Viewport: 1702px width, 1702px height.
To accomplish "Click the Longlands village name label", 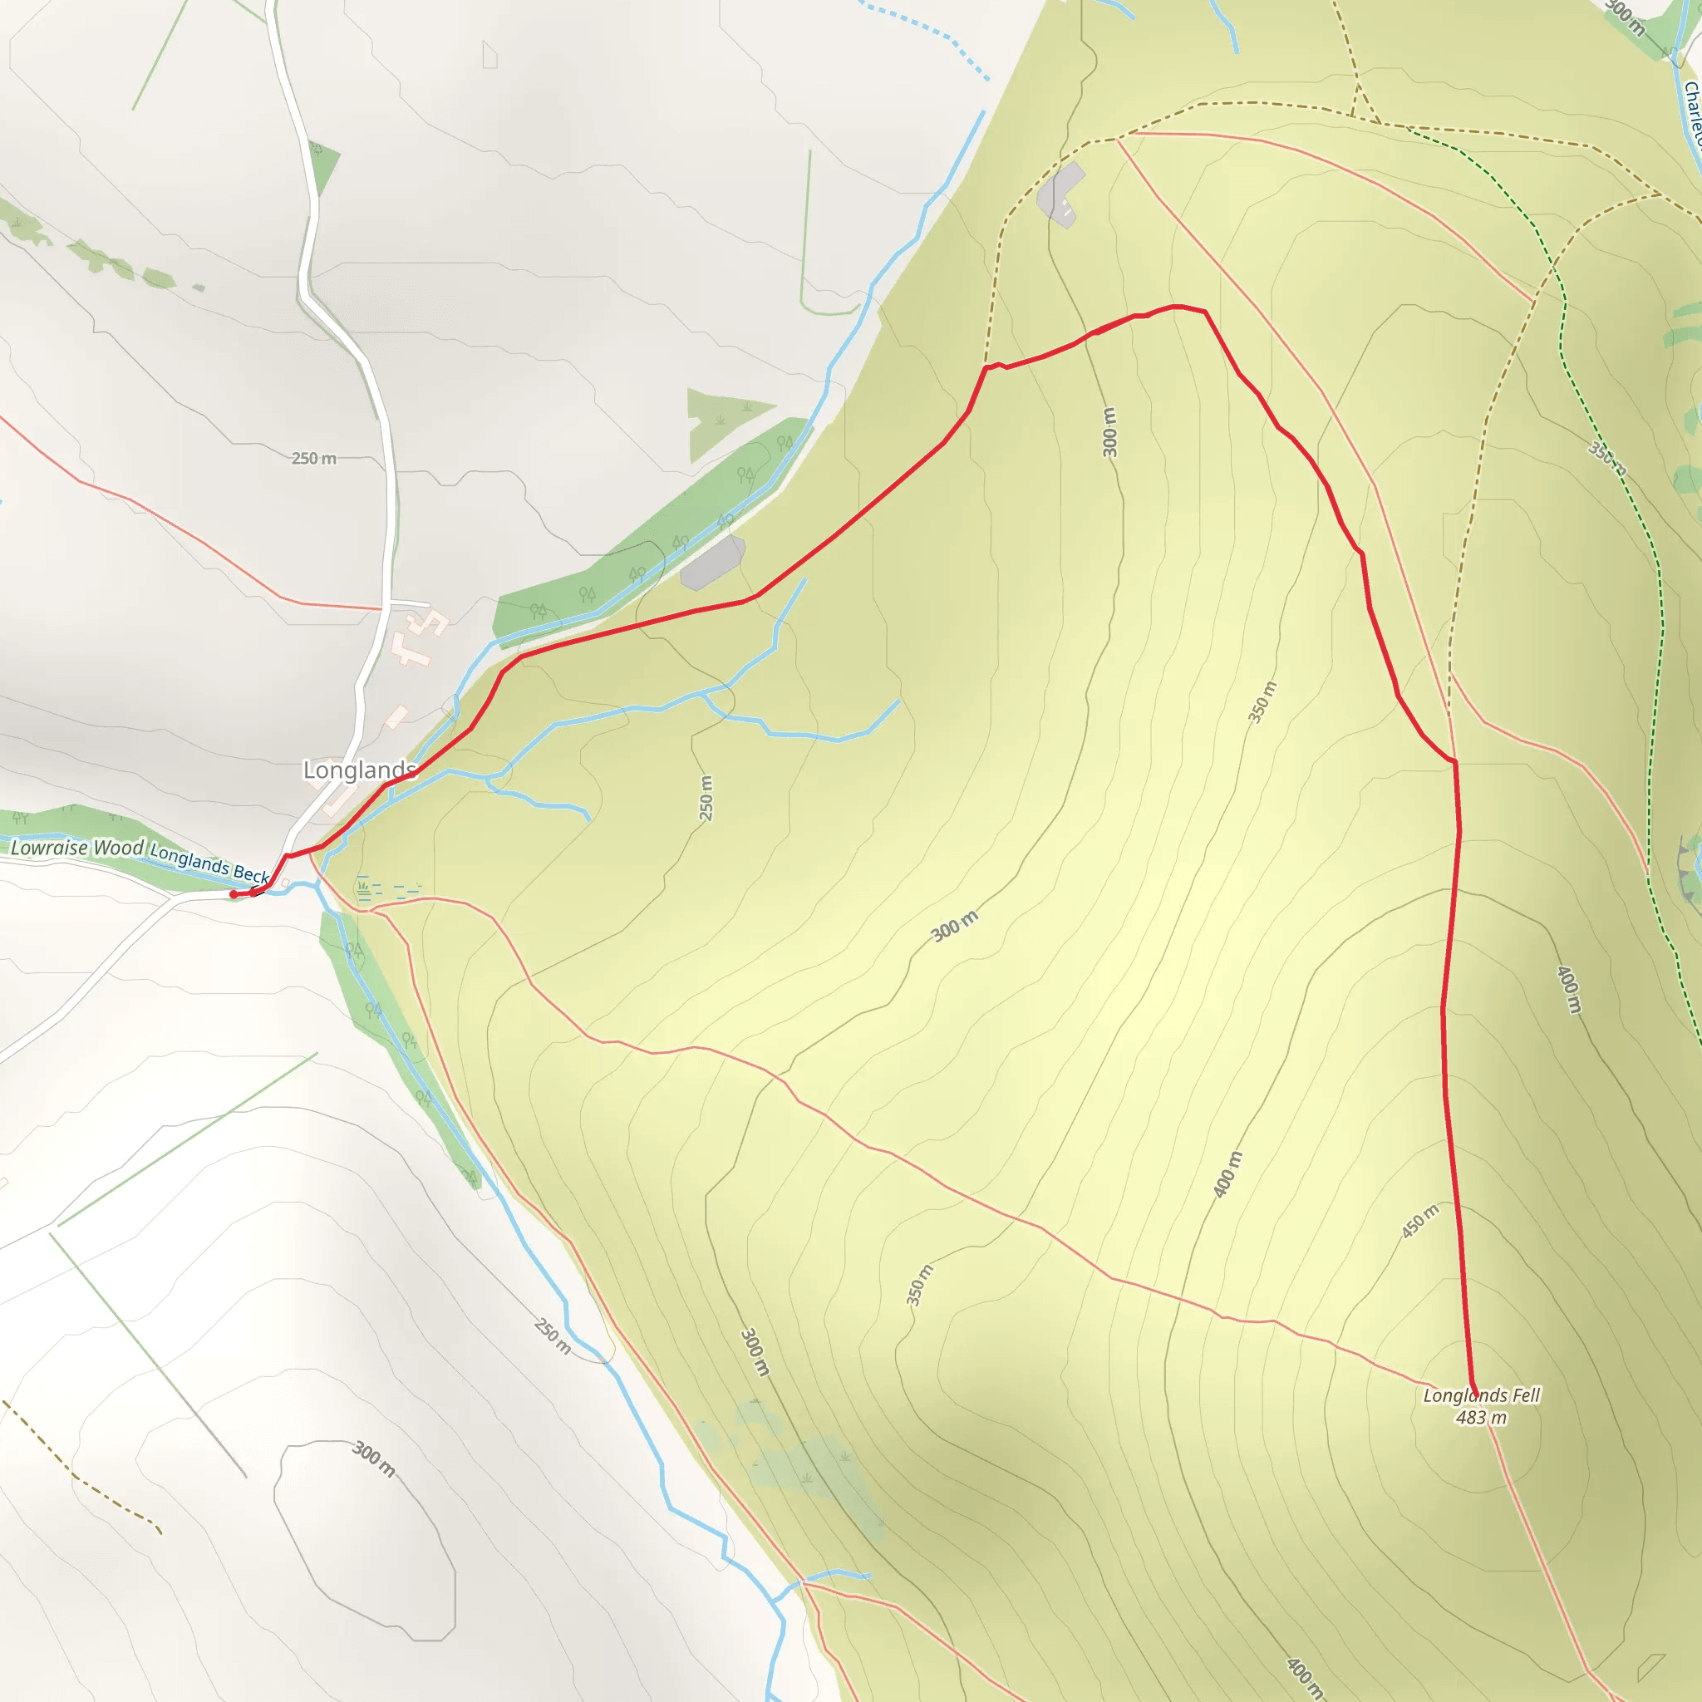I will tap(358, 770).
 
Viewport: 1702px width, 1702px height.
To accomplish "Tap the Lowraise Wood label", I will tap(76, 848).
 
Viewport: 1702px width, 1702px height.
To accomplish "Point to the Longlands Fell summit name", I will tap(1482, 1395).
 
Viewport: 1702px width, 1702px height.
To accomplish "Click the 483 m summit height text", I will tap(1481, 1418).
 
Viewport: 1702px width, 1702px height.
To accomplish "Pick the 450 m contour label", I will tap(1420, 1221).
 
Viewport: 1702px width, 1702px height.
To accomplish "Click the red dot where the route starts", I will tap(234, 894).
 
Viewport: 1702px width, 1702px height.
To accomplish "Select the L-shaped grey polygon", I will tap(1061, 194).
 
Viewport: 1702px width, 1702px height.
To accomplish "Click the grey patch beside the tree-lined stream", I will tap(713, 561).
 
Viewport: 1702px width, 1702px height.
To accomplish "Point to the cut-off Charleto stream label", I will tap(1691, 115).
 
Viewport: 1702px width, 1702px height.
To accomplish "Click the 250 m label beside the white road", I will tap(313, 458).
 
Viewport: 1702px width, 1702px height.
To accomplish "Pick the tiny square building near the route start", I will tap(284, 882).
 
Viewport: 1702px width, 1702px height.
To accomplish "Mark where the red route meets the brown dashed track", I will tap(985, 367).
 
